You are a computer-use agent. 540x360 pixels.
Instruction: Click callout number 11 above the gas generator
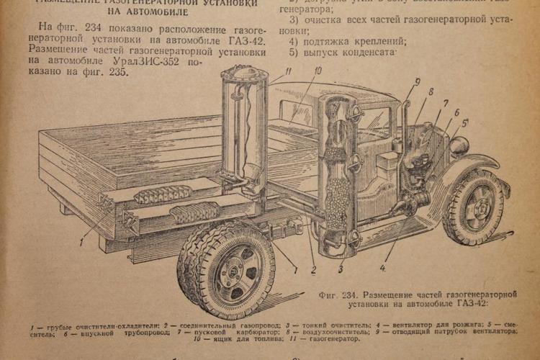[x=287, y=71]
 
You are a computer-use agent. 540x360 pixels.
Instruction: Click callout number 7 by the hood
[x=446, y=103]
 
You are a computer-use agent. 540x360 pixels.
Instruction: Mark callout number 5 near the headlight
[x=465, y=122]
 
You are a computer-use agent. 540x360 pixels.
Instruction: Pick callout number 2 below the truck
[x=313, y=271]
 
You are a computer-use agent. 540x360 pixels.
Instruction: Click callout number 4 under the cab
[x=383, y=270]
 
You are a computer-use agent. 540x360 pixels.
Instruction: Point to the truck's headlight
[x=459, y=146]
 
